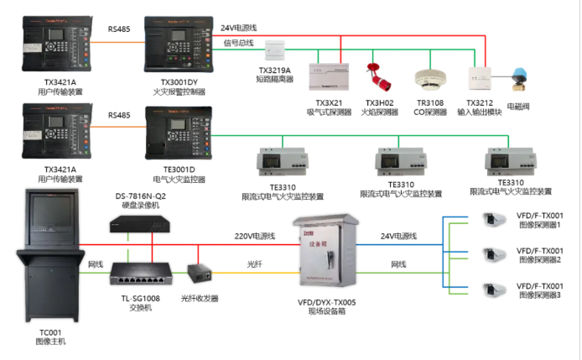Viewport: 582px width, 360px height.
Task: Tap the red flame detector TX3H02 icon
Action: (378, 74)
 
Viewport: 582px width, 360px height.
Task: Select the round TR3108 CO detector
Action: (429, 76)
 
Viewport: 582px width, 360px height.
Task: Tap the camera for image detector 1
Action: (491, 220)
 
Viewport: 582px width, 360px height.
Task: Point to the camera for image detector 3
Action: (491, 290)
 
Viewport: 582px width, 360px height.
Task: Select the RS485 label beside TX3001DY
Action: (119, 29)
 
